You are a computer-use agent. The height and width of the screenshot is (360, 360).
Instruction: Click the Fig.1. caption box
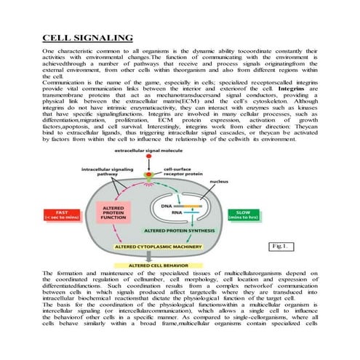point(278,246)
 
